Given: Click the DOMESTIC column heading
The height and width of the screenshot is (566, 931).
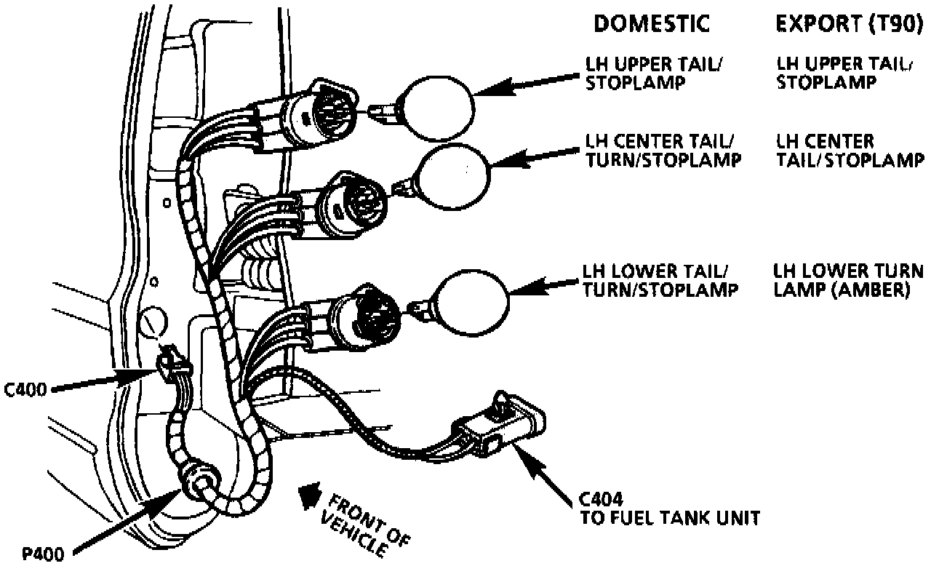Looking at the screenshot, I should pyautogui.click(x=651, y=24).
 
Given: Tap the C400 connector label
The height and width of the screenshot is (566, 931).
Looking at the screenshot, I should pyautogui.click(x=25, y=388).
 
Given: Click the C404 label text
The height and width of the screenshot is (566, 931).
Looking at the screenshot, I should pyautogui.click(x=599, y=500).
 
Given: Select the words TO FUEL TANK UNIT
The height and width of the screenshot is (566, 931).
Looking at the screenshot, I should pyautogui.click(x=669, y=518).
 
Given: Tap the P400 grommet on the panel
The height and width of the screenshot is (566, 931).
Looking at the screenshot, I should pyautogui.click(x=199, y=480).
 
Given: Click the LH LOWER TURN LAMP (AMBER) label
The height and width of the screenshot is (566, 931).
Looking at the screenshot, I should pyautogui.click(x=849, y=280).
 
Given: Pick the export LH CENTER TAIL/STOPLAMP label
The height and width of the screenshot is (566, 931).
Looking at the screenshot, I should pyautogui.click(x=849, y=150).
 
